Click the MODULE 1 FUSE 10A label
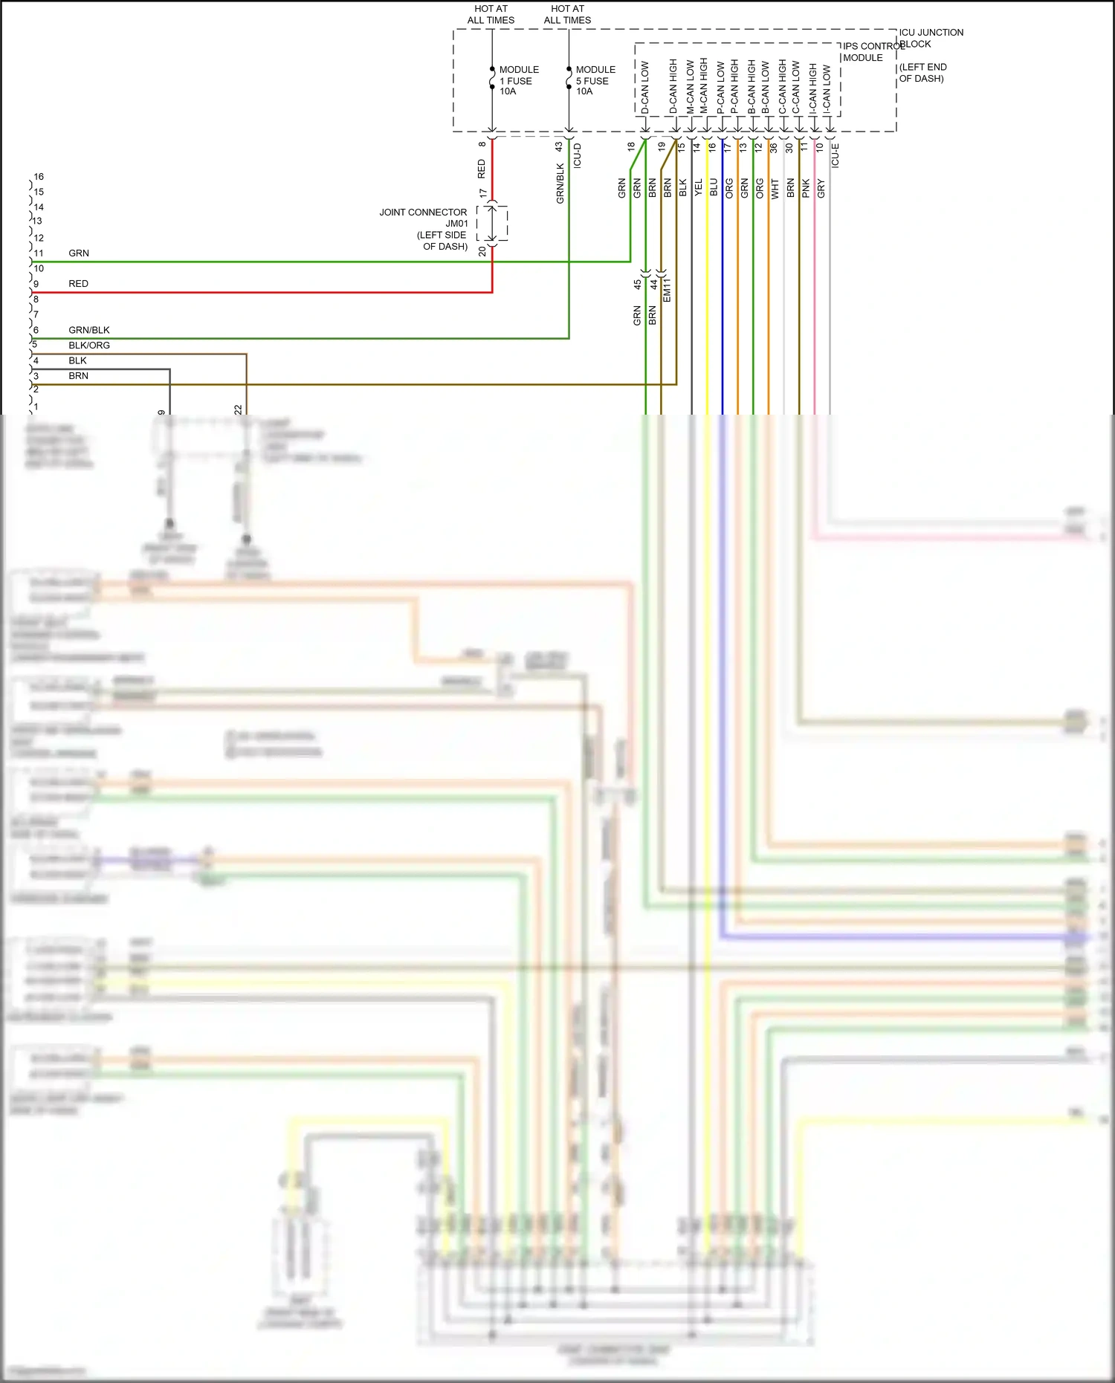pyautogui.click(x=518, y=80)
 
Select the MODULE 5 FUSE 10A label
pyautogui.click(x=595, y=80)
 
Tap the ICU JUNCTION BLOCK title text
pyautogui.click(x=930, y=38)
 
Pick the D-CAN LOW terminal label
pyautogui.click(x=645, y=88)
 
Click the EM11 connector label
pyautogui.click(x=667, y=290)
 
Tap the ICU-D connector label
pyautogui.click(x=578, y=155)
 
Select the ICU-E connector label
pyautogui.click(x=835, y=155)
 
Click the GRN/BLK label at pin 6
pyautogui.click(x=89, y=330)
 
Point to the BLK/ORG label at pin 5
pyautogui.click(x=89, y=346)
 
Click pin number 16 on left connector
pyautogui.click(x=39, y=177)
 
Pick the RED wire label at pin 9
pyautogui.click(x=78, y=284)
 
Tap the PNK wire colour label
pyautogui.click(x=806, y=188)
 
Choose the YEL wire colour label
pyautogui.click(x=698, y=188)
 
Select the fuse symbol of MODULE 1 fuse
pyautogui.click(x=492, y=79)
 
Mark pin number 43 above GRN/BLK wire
pyautogui.click(x=559, y=147)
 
